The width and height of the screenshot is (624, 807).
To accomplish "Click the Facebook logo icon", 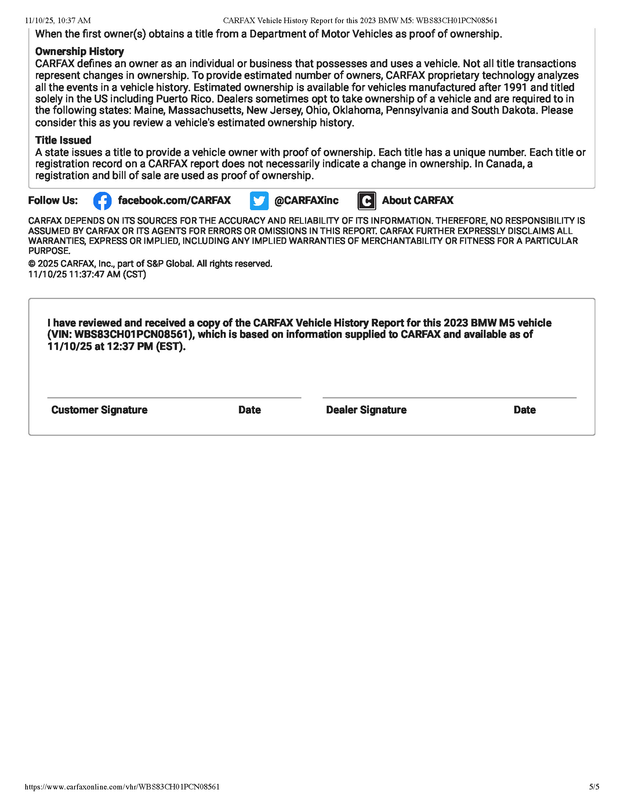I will click(x=102, y=201).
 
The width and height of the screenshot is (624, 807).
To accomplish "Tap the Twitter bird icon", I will click(x=259, y=201).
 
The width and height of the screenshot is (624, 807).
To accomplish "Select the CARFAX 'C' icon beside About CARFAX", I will click(x=367, y=201).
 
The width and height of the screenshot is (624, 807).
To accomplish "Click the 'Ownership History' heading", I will click(x=80, y=51).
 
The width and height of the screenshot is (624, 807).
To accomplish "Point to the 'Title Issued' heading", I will click(x=63, y=140).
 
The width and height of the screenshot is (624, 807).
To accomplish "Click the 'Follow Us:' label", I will click(x=53, y=200).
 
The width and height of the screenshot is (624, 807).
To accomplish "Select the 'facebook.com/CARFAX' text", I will click(x=174, y=200).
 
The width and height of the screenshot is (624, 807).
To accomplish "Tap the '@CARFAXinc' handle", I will click(x=306, y=200).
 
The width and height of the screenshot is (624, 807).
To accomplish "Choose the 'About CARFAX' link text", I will click(x=418, y=200).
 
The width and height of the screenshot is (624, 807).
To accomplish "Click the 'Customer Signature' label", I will click(x=99, y=410).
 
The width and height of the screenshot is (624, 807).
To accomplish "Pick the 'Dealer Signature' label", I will click(x=366, y=410).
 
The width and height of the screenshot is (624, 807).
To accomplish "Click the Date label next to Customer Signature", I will click(x=250, y=410).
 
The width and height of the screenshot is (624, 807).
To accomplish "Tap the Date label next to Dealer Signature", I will click(x=525, y=410).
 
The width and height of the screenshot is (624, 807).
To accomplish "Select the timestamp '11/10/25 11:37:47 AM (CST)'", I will click(x=87, y=274).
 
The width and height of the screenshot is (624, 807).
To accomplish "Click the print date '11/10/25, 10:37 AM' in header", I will click(x=58, y=21).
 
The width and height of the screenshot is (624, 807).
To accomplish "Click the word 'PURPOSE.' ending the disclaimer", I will click(x=49, y=251).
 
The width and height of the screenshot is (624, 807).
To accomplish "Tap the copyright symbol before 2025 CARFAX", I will click(x=32, y=264).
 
